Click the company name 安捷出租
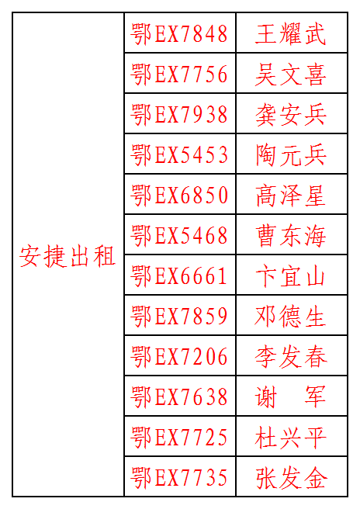[67, 256]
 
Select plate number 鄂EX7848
[179, 33]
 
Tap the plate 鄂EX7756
[179, 74]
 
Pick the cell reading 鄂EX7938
[179, 114]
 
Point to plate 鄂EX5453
[179, 154]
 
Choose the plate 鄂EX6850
[179, 195]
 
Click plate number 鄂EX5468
[179, 235]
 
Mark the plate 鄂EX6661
[179, 276]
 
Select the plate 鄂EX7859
[179, 316]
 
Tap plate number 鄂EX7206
[179, 356]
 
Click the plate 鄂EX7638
[179, 397]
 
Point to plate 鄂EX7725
[179, 438]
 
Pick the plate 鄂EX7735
[179, 478]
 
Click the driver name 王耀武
[290, 33]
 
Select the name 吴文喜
[290, 74]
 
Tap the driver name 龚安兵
[290, 114]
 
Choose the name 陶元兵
[290, 154]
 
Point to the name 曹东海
[290, 235]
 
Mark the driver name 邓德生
[290, 316]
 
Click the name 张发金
[290, 478]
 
